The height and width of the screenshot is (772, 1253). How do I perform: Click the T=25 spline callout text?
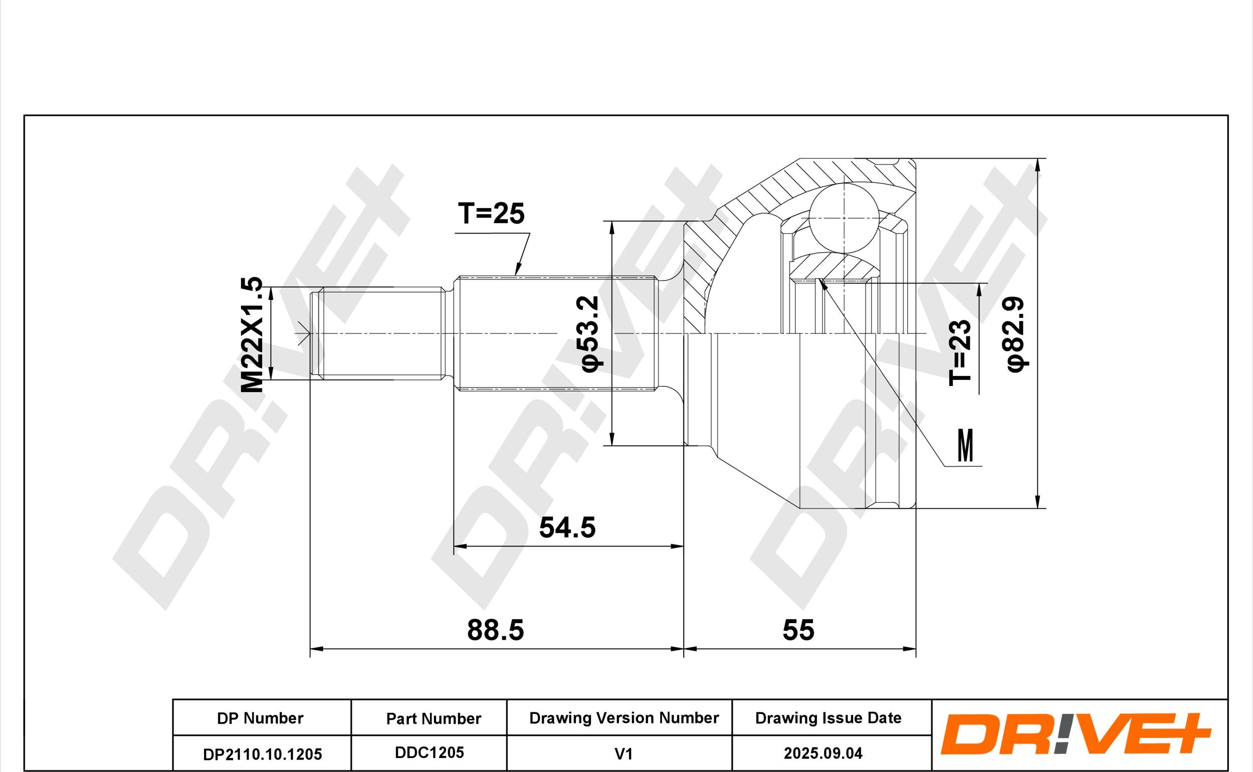click(x=491, y=214)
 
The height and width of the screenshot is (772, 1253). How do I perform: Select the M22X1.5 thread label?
click(x=252, y=335)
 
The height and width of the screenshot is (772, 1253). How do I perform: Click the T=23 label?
click(x=959, y=352)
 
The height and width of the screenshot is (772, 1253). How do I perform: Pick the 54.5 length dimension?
click(x=567, y=527)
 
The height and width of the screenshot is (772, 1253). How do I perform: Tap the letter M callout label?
click(x=966, y=445)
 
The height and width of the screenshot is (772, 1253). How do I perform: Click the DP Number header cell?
click(x=260, y=718)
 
